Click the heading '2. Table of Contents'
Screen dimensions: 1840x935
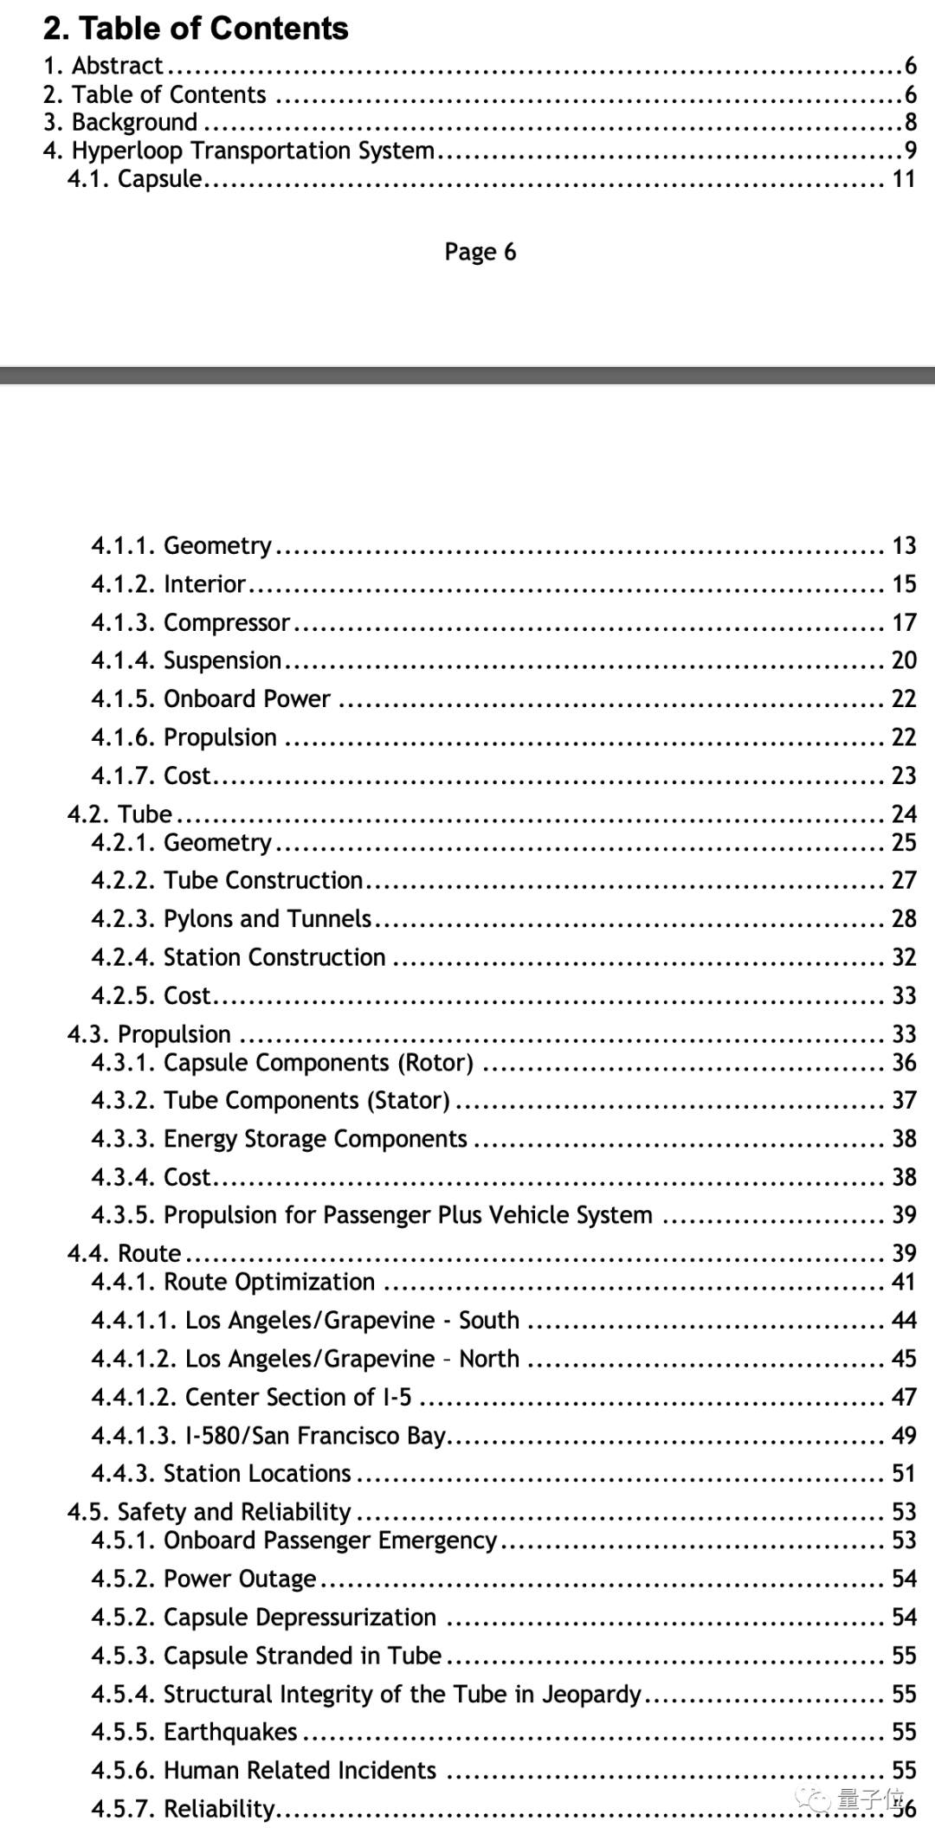196,29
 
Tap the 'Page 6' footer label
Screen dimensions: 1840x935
480,252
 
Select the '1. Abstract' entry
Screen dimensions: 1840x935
103,66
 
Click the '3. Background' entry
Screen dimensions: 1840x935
120,122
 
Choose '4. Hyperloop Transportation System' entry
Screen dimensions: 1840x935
238,151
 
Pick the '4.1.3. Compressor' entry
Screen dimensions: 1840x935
190,622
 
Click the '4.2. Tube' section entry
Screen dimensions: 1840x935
119,814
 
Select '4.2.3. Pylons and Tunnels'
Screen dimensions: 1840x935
230,918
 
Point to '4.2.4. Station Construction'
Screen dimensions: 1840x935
237,956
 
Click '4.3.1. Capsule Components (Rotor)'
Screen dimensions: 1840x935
281,1062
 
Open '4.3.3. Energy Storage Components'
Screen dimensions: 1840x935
278,1138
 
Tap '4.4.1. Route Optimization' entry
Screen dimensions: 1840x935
232,1282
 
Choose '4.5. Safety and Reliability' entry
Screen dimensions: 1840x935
209,1511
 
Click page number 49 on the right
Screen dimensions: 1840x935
904,1435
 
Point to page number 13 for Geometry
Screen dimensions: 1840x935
904,545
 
